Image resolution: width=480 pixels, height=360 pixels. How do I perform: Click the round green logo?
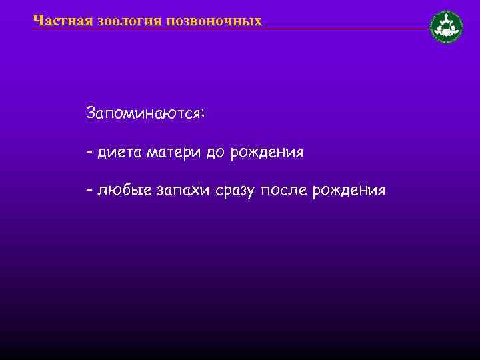[447, 27]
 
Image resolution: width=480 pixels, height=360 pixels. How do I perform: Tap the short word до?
[215, 153]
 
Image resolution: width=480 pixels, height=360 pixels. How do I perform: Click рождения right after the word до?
[267, 153]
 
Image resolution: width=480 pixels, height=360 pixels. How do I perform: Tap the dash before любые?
[89, 191]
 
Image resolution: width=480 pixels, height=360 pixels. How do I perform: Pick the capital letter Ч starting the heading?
[37, 21]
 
